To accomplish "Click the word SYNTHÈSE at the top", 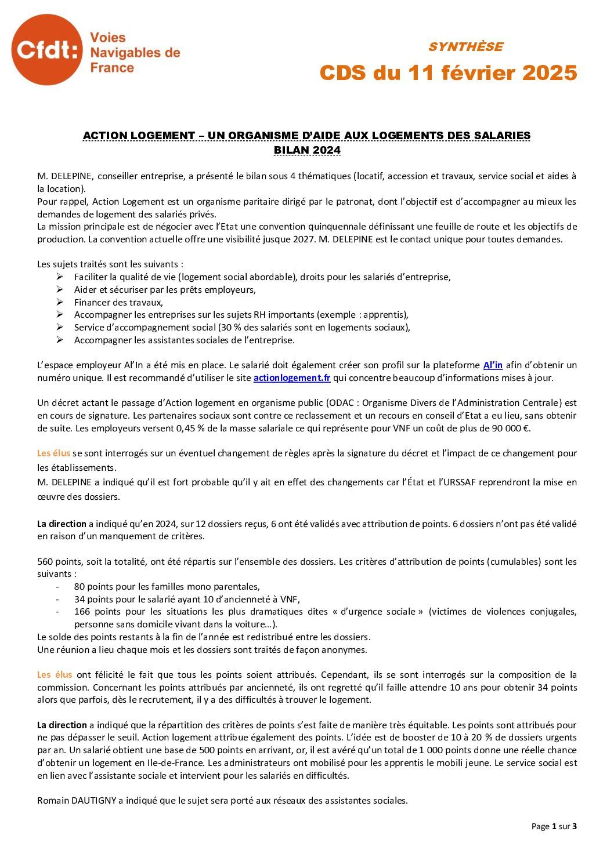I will pyautogui.click(x=465, y=47).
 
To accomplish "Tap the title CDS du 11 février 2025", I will pyautogui.click(x=448, y=73).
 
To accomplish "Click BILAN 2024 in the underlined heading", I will pyautogui.click(x=306, y=150).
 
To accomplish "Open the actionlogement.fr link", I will pyautogui.click(x=292, y=378).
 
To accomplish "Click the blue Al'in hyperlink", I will pyautogui.click(x=493, y=365).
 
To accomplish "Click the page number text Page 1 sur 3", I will pyautogui.click(x=554, y=826).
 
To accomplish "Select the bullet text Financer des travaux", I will pyautogui.click(x=118, y=302).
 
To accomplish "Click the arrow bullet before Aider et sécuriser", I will pyautogui.click(x=60, y=289).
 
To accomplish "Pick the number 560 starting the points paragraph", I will pyautogui.click(x=45, y=561).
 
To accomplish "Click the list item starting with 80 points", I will pyautogui.click(x=167, y=586).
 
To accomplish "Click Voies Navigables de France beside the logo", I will pyautogui.click(x=135, y=53).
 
